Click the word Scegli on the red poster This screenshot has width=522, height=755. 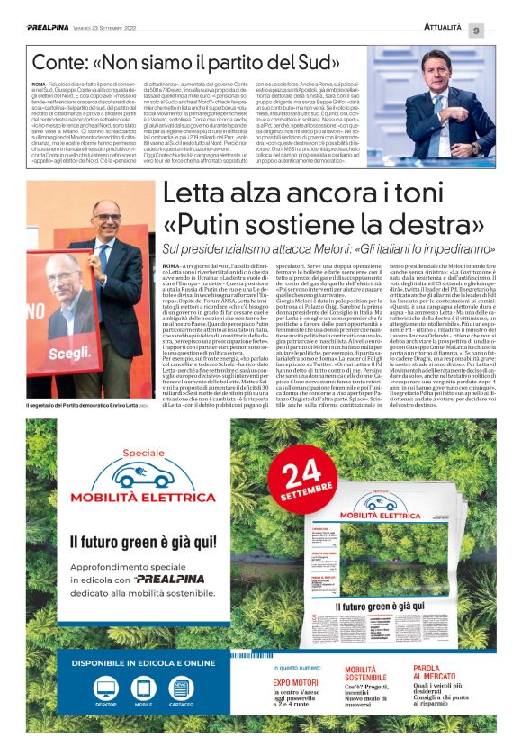pos(68,354)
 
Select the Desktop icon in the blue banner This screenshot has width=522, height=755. pos(105,689)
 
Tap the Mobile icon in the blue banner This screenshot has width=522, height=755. pos(143,689)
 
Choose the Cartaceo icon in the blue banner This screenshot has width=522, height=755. pos(181,689)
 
